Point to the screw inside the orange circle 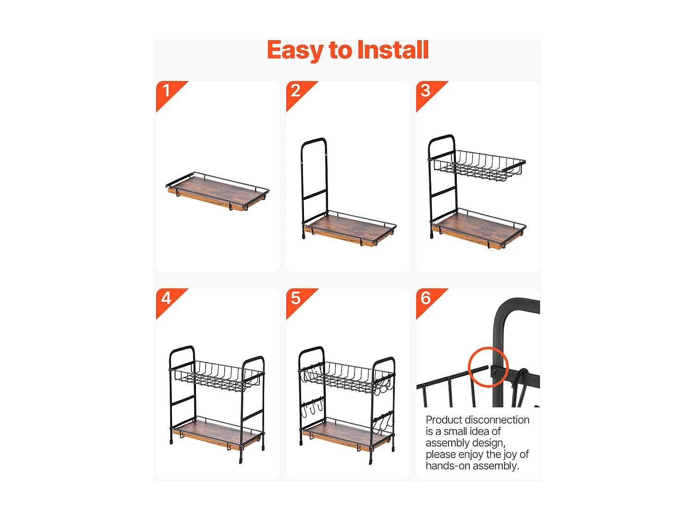pyautogui.click(x=493, y=370)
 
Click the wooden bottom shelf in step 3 pyautogui.click(x=478, y=228)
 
